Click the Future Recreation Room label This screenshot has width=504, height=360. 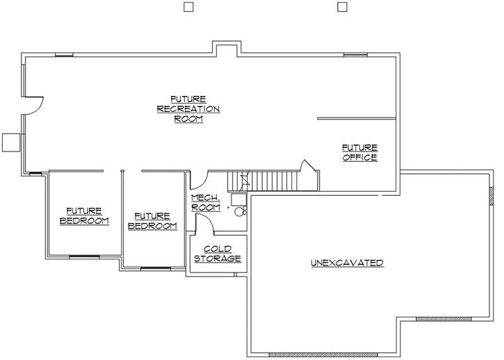pyautogui.click(x=188, y=108)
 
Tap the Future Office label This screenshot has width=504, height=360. pyautogui.click(x=359, y=152)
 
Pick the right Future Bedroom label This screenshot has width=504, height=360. pyautogui.click(x=152, y=221)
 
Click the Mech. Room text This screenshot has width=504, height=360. pyautogui.click(x=205, y=203)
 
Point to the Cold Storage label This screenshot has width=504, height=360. pyautogui.click(x=217, y=254)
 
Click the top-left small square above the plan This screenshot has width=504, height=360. pyautogui.click(x=187, y=7)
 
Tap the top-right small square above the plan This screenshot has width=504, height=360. pyautogui.click(x=341, y=7)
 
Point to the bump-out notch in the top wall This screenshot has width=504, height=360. pyautogui.click(x=227, y=50)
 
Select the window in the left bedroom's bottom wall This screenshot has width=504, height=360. pyautogui.click(x=84, y=256)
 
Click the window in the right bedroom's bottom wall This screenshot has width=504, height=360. pyautogui.click(x=155, y=268)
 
